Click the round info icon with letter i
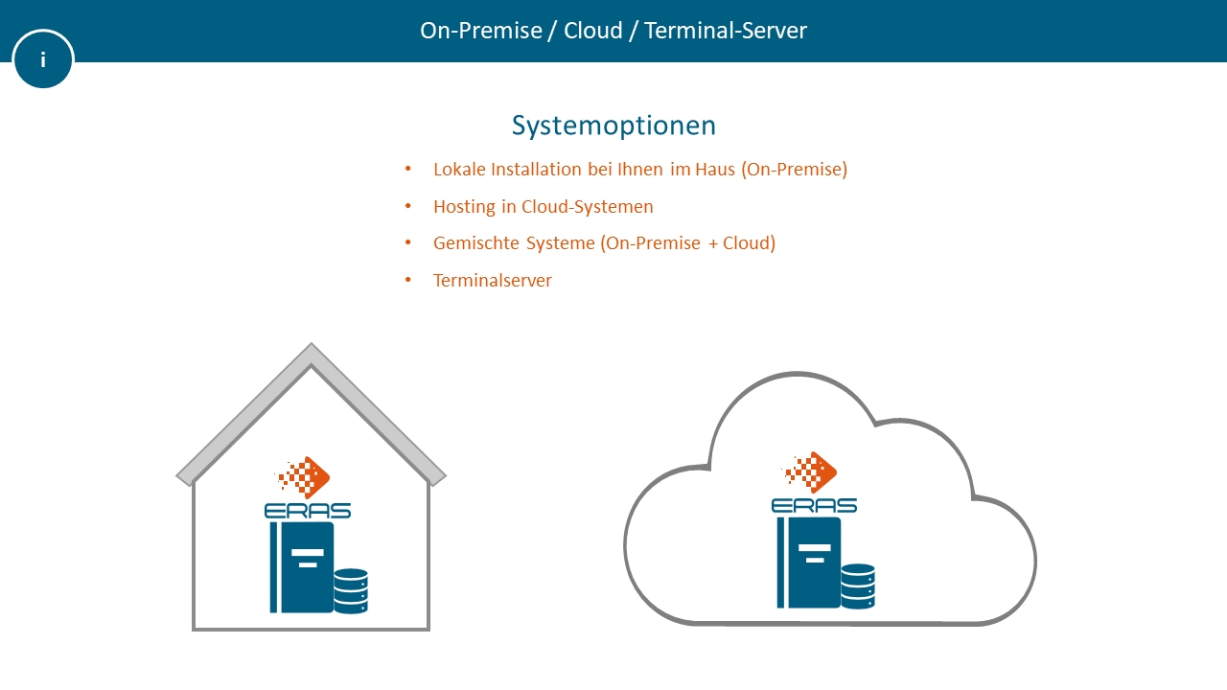pyautogui.click(x=43, y=59)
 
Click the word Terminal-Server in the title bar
pyautogui.click(x=726, y=31)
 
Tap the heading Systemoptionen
pyautogui.click(x=613, y=126)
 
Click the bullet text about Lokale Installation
pyautogui.click(x=639, y=170)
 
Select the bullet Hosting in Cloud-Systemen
pyautogui.click(x=543, y=206)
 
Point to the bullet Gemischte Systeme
pyautogui.click(x=604, y=243)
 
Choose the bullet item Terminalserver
pyautogui.click(x=493, y=281)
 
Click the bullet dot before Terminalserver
pyautogui.click(x=408, y=280)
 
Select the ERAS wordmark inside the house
pyautogui.click(x=308, y=511)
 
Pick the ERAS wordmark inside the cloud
pyautogui.click(x=814, y=506)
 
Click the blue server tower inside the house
pyautogui.click(x=303, y=567)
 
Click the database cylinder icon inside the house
pyautogui.click(x=351, y=591)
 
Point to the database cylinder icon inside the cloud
pyautogui.click(x=858, y=586)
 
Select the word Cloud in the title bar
pyautogui.click(x=593, y=31)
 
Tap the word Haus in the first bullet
pyautogui.click(x=715, y=170)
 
